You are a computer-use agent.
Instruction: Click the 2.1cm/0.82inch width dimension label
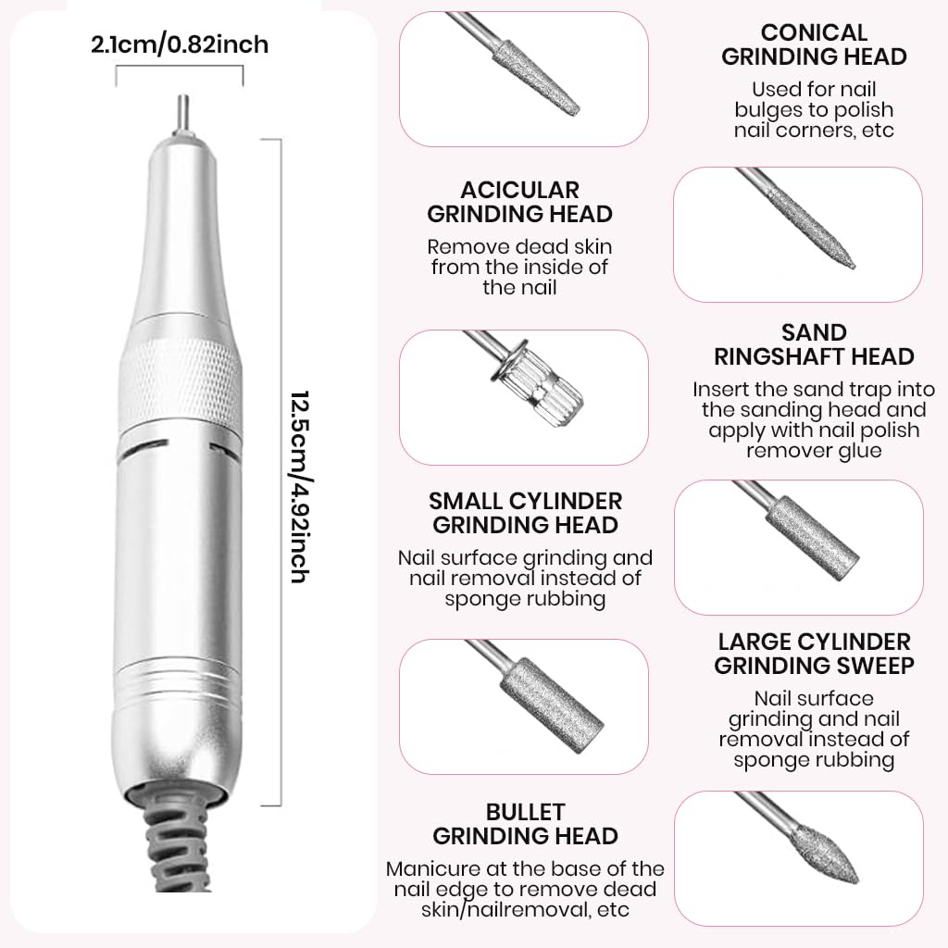180,44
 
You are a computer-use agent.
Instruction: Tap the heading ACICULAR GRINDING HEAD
519,202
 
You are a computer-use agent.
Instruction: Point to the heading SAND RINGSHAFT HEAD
814,344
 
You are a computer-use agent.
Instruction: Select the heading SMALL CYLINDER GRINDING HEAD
525,513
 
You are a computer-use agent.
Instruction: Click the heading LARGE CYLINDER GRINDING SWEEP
814,653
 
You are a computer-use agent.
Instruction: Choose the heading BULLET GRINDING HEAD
525,824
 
